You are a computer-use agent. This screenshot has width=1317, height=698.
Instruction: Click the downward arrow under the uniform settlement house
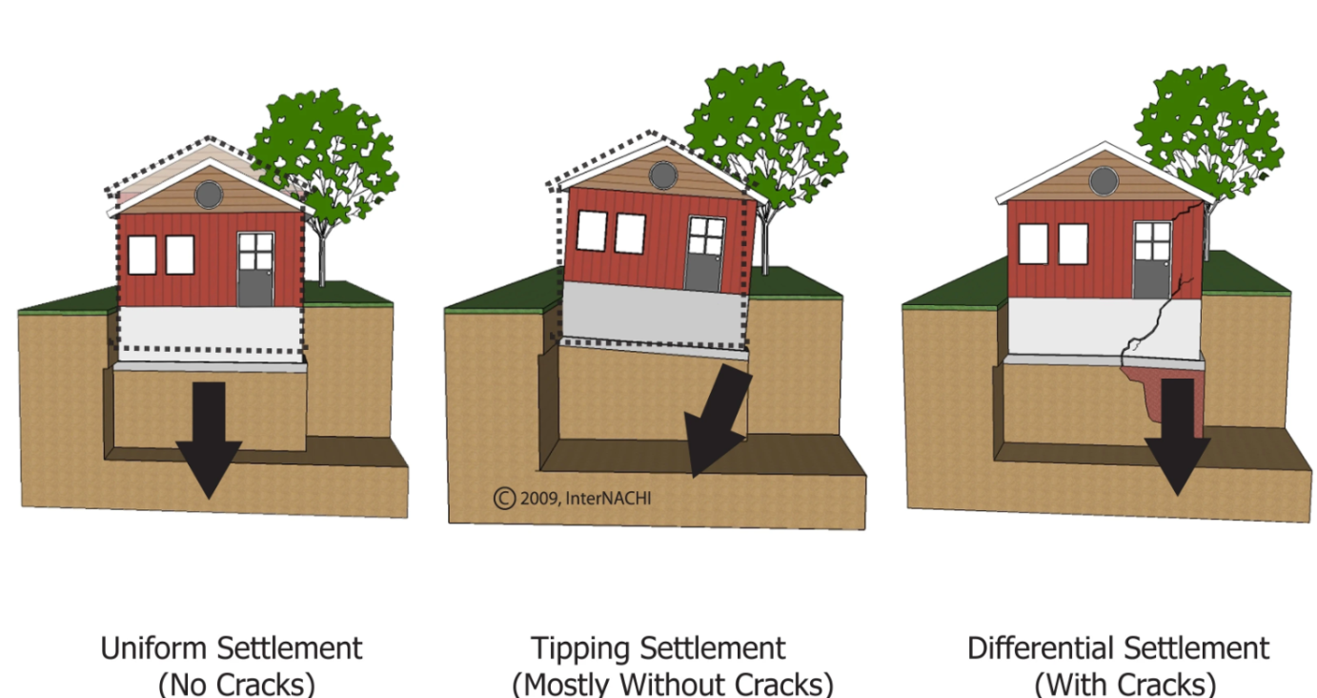pyautogui.click(x=209, y=439)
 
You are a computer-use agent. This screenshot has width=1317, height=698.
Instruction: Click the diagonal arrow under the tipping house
pyautogui.click(x=718, y=419)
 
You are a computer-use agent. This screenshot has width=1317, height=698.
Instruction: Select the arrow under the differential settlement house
pyautogui.click(x=1177, y=436)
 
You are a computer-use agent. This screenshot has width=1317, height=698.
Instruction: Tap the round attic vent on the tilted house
pyautogui.click(x=663, y=174)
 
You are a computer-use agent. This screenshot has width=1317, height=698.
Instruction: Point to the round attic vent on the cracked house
pyautogui.click(x=1104, y=181)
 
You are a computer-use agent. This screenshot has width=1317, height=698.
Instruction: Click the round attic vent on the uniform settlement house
pyautogui.click(x=209, y=195)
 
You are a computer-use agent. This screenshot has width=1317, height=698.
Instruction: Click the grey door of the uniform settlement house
pyautogui.click(x=255, y=270)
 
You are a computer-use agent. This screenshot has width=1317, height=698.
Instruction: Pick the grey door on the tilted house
pyautogui.click(x=705, y=255)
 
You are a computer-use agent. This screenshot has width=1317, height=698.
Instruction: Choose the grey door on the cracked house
pyautogui.click(x=1152, y=260)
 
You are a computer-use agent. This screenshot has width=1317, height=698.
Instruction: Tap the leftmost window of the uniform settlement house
pyautogui.click(x=142, y=255)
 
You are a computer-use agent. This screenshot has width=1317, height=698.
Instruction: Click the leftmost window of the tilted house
pyautogui.click(x=592, y=231)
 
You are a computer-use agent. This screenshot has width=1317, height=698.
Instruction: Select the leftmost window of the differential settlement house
pyautogui.click(x=1033, y=244)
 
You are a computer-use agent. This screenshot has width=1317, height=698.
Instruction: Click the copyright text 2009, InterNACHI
pyautogui.click(x=573, y=499)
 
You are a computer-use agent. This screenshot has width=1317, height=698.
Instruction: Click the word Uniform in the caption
pyautogui.click(x=154, y=648)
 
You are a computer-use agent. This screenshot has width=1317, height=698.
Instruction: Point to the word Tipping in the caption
pyautogui.click(x=581, y=649)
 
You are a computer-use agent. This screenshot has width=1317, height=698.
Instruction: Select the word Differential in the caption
pyautogui.click(x=1040, y=648)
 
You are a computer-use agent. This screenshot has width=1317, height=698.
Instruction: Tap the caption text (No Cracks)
pyautogui.click(x=236, y=685)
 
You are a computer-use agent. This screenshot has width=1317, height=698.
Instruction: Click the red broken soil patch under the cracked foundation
pyautogui.click(x=1152, y=395)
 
